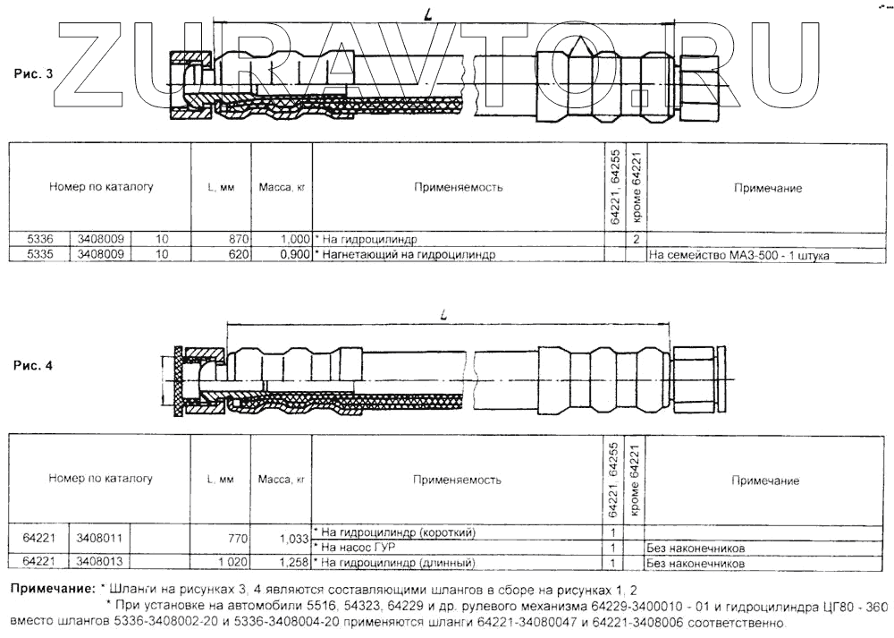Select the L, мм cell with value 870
237,240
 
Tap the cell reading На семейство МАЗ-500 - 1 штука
739,255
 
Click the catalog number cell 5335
41,255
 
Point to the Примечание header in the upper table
767,188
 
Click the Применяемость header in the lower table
457,480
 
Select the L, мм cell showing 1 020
231,563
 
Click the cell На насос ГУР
358,547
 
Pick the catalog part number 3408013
99,563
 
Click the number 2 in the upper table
635,240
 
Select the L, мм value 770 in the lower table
237,539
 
